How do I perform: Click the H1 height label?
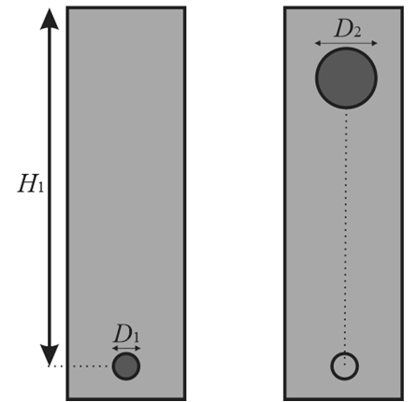[31, 183]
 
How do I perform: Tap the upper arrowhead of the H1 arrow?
[50, 20]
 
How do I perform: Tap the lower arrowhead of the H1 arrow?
[50, 355]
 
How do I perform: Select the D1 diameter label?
[126, 334]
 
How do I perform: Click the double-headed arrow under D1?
[126, 348]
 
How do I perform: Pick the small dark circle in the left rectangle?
[126, 366]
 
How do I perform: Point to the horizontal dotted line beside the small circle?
[79, 366]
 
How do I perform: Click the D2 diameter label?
[348, 30]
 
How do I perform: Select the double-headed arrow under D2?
[346, 43]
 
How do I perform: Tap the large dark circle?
[346, 78]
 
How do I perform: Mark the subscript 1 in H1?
[40, 187]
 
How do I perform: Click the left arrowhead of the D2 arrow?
[318, 43]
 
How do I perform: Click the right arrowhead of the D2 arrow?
[374, 43]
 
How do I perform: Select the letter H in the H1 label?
[27, 183]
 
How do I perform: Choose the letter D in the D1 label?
[122, 333]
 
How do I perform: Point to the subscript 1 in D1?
[136, 337]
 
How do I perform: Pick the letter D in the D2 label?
[342, 29]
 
